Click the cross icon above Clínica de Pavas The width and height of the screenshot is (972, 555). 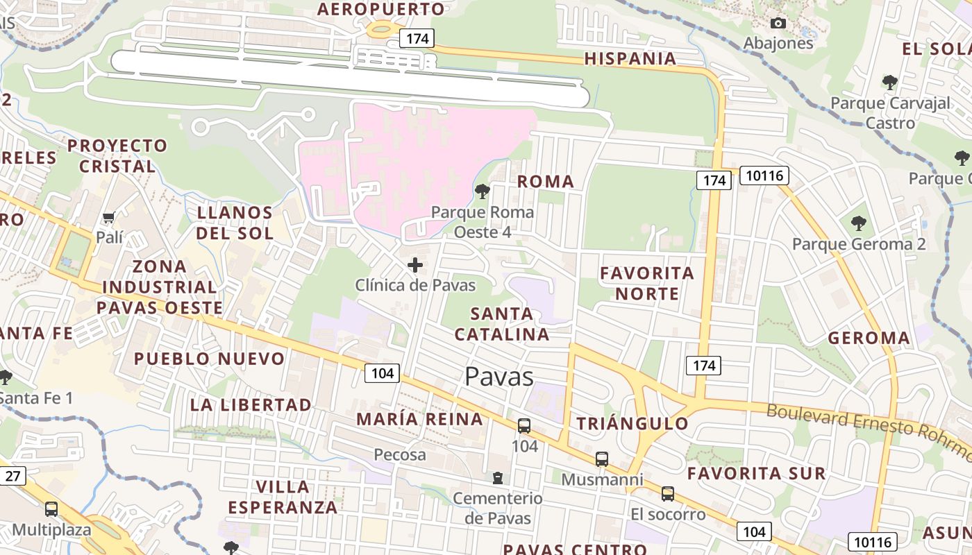click(x=415, y=265)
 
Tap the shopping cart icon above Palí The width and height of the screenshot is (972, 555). click(x=108, y=218)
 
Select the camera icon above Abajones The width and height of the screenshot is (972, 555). click(x=778, y=23)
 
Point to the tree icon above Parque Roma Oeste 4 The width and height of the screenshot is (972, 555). click(x=482, y=191)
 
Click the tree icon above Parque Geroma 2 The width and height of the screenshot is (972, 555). click(x=859, y=223)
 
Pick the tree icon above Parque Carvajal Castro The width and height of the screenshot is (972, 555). click(x=890, y=83)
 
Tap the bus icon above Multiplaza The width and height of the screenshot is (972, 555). click(x=51, y=509)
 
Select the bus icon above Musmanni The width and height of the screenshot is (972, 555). click(x=602, y=459)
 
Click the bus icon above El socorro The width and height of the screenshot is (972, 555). click(x=668, y=493)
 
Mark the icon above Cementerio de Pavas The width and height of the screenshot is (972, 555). click(x=497, y=477)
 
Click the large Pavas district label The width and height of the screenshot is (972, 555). click(x=498, y=377)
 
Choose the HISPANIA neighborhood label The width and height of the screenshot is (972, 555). click(x=630, y=59)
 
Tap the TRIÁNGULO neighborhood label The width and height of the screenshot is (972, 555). click(x=632, y=424)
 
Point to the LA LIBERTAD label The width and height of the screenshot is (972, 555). click(x=251, y=404)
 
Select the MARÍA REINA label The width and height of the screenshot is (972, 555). click(x=419, y=419)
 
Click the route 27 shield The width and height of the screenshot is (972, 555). click(x=13, y=476)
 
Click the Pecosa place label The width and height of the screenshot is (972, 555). click(x=400, y=455)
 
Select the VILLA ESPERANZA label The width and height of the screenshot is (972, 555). click(x=283, y=497)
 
